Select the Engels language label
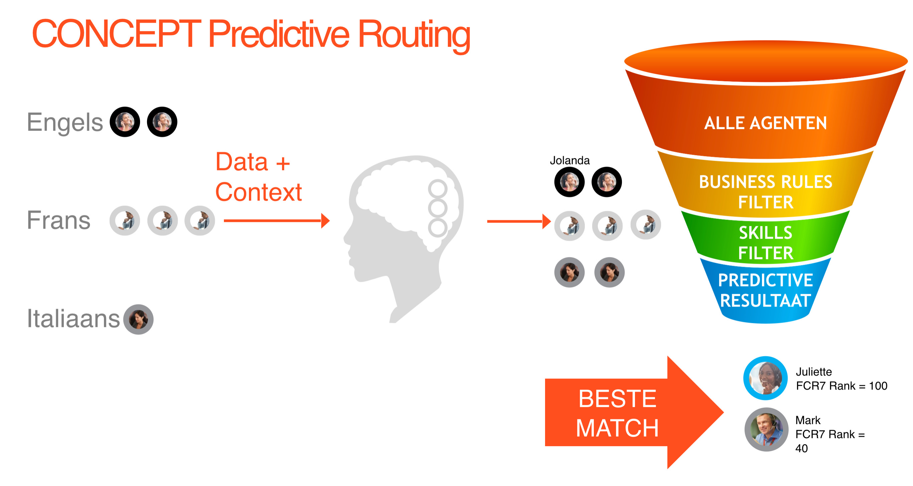pyautogui.click(x=65, y=122)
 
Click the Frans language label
pyautogui.click(x=58, y=220)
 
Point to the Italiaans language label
pyautogui.click(x=74, y=318)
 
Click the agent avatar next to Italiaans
pyautogui.click(x=138, y=319)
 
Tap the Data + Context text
pyautogui.click(x=258, y=177)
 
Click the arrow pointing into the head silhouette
pyautogui.click(x=276, y=221)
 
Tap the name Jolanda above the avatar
pyautogui.click(x=569, y=160)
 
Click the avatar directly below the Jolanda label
pyautogui.click(x=569, y=182)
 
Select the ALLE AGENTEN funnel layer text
pyautogui.click(x=765, y=123)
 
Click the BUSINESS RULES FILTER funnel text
pyautogui.click(x=766, y=192)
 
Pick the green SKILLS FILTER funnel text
pyautogui.click(x=766, y=243)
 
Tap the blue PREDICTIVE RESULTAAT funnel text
pyautogui.click(x=766, y=290)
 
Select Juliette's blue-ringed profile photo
pyautogui.click(x=765, y=378)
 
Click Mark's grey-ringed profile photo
pyautogui.click(x=766, y=429)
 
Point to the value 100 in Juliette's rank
pyautogui.click(x=878, y=386)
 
